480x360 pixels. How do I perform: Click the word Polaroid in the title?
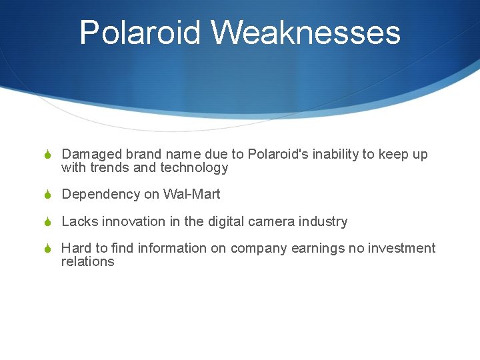(x=138, y=33)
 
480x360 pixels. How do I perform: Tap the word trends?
(x=109, y=168)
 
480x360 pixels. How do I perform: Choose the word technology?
(x=194, y=168)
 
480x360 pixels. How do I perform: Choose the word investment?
(x=404, y=248)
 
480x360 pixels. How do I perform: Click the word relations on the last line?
(x=87, y=261)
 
